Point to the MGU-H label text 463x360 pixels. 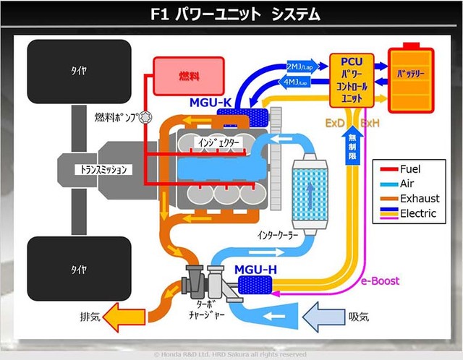(x=255, y=271)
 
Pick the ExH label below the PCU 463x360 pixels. (x=370, y=124)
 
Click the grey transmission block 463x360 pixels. (x=101, y=169)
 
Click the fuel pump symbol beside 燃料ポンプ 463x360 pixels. (x=145, y=118)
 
